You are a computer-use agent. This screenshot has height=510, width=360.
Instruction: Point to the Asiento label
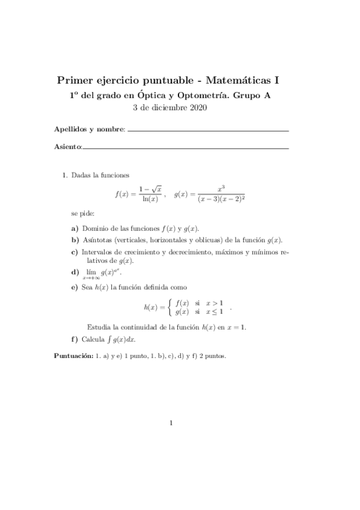67,146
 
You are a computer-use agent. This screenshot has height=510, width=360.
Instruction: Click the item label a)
75,229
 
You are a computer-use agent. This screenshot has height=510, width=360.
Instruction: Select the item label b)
75,239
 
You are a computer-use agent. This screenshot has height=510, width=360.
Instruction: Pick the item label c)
75,251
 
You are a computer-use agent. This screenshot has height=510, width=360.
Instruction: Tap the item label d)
75,272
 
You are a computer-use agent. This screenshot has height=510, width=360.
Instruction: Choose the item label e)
75,287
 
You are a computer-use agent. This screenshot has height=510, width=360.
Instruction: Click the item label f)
75,339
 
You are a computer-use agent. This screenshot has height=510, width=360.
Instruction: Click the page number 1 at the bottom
171,422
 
